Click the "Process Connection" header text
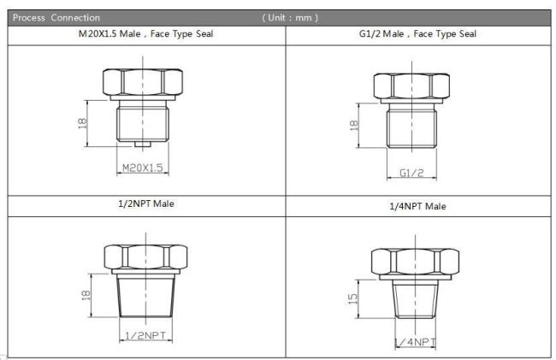point(56,18)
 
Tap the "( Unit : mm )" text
point(290,18)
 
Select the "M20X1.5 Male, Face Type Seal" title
point(145,34)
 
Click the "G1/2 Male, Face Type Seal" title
point(417,34)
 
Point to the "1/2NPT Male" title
point(146,204)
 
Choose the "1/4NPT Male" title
point(417,206)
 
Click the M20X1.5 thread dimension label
point(143,168)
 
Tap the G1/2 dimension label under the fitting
point(411,173)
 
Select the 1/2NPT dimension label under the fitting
point(145,335)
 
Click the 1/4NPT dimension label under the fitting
point(415,342)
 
